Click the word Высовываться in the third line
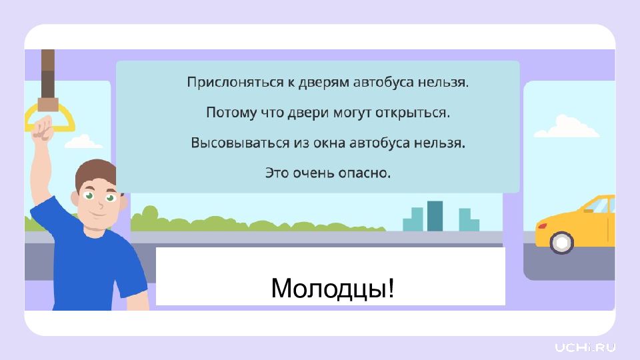[x=240, y=143]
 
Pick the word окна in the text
[x=329, y=143]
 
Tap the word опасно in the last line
[x=364, y=173]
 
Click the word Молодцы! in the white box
[x=333, y=288]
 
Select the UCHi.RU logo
[x=585, y=348]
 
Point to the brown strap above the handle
[x=48, y=79]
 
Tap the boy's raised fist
[x=43, y=128]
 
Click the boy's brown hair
[x=95, y=171]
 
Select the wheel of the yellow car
[x=561, y=243]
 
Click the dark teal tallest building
[x=435, y=216]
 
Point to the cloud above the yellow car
[x=567, y=127]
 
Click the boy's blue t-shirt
[x=92, y=257]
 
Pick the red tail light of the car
[x=541, y=226]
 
